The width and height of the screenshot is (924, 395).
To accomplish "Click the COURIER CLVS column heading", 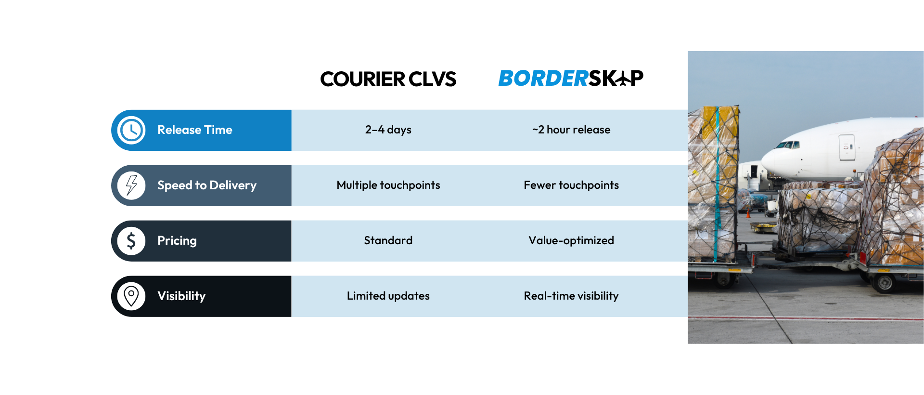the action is [388, 79].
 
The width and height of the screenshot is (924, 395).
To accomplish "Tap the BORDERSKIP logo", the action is [571, 78].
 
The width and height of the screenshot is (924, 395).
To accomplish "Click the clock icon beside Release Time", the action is [131, 130].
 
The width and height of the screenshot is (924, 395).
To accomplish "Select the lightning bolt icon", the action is [131, 185].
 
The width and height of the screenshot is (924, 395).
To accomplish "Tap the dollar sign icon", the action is [131, 241].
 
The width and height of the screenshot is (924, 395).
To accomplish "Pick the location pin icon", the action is [131, 296].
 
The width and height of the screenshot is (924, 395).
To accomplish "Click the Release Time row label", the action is [195, 130].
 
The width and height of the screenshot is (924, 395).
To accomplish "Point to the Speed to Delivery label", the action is [207, 185].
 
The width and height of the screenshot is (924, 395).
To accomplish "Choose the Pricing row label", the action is [177, 241].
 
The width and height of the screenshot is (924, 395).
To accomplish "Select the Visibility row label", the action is [181, 296].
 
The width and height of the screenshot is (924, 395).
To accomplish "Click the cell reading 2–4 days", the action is [388, 130].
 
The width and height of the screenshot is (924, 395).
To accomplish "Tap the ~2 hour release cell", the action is [571, 130].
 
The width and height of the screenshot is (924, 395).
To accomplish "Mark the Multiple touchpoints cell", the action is [388, 185].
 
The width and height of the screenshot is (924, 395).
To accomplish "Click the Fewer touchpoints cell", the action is [571, 185].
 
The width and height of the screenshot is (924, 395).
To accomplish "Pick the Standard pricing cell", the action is [388, 240].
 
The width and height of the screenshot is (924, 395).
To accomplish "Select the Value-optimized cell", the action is [571, 240].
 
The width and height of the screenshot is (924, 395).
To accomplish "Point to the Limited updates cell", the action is [388, 296].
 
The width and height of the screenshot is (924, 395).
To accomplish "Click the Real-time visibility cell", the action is [571, 296].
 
